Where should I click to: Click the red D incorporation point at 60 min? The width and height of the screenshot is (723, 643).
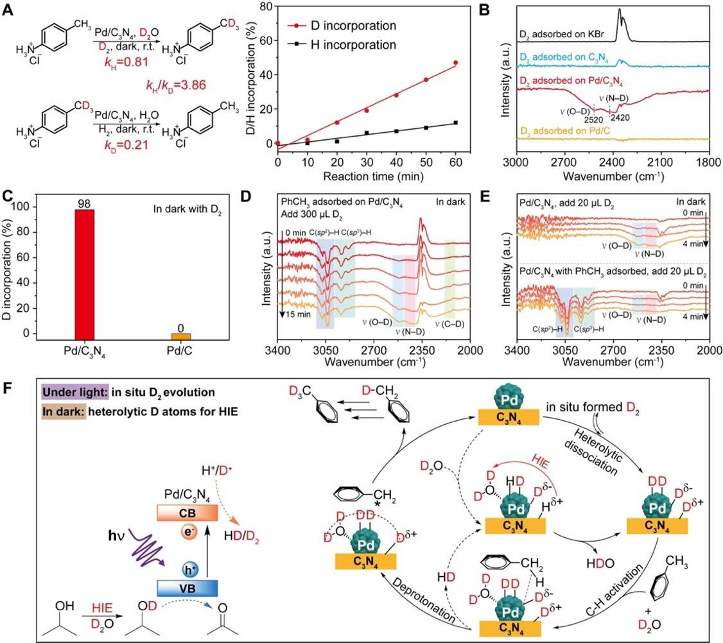(x=455, y=63)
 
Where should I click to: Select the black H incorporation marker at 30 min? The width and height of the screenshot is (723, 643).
(x=367, y=133)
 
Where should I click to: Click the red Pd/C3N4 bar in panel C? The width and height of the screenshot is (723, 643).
(x=84, y=275)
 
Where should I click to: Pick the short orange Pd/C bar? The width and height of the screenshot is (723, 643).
(x=181, y=336)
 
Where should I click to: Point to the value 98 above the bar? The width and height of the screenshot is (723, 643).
(x=84, y=203)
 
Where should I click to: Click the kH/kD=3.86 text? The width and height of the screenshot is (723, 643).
(x=176, y=85)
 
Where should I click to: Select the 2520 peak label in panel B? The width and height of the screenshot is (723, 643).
(x=593, y=119)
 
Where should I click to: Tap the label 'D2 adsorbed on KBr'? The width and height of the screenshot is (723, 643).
(x=561, y=34)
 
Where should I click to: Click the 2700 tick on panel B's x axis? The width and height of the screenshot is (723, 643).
(x=564, y=162)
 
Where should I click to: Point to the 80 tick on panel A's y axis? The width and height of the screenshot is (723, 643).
(x=266, y=6)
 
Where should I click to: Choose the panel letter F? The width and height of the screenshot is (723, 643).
(x=7, y=388)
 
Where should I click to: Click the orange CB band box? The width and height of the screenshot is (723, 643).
(x=187, y=513)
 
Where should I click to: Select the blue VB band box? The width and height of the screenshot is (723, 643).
(x=187, y=588)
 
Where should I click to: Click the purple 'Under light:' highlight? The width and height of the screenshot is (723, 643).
(x=74, y=392)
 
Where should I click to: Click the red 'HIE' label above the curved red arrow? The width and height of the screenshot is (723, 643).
(x=539, y=462)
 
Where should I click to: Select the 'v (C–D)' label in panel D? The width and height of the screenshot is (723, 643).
(x=450, y=324)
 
